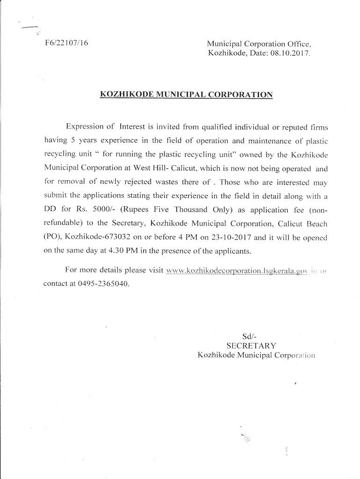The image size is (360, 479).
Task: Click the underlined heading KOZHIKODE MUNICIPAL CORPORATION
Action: [186, 94]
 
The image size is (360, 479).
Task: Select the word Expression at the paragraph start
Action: [90, 126]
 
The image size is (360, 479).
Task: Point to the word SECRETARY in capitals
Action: [251, 346]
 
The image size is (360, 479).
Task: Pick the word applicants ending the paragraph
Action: [229, 251]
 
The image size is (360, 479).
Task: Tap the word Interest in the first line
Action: [136, 126]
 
